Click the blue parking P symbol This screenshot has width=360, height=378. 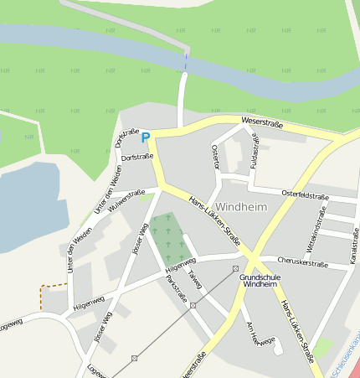click(x=145, y=137)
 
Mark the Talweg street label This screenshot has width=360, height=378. click(x=195, y=279)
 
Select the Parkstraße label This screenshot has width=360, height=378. click(x=177, y=288)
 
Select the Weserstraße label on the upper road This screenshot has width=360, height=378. click(x=261, y=123)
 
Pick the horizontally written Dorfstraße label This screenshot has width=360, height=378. click(x=137, y=158)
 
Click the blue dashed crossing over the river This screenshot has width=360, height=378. click(x=185, y=61)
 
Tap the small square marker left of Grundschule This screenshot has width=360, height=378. click(x=235, y=268)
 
